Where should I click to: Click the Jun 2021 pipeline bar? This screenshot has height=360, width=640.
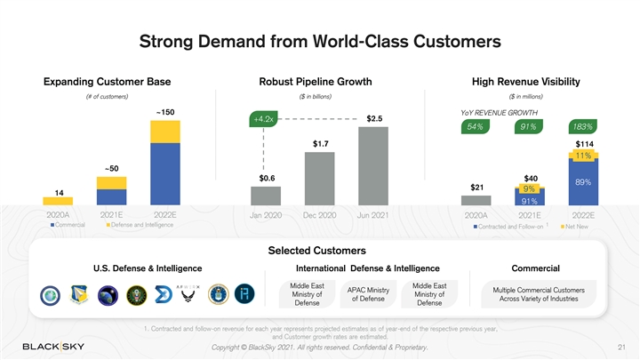click(x=374, y=166)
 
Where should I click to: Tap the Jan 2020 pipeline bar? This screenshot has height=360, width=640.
click(x=266, y=196)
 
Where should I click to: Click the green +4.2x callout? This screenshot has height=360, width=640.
click(x=263, y=118)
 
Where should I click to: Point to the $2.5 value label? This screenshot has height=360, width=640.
click(x=374, y=118)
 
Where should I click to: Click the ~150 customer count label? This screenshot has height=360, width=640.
click(x=164, y=112)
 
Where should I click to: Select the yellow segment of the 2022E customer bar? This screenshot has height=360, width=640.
click(x=165, y=132)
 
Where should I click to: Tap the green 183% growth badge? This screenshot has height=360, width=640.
click(x=582, y=127)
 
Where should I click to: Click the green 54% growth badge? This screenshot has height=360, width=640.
click(x=476, y=127)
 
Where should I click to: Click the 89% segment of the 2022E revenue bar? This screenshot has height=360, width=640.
click(x=583, y=182)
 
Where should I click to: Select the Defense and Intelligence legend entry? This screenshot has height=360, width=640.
click(x=140, y=224)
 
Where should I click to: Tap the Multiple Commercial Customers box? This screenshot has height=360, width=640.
click(x=533, y=294)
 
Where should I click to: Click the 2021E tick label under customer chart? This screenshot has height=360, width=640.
click(x=111, y=214)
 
